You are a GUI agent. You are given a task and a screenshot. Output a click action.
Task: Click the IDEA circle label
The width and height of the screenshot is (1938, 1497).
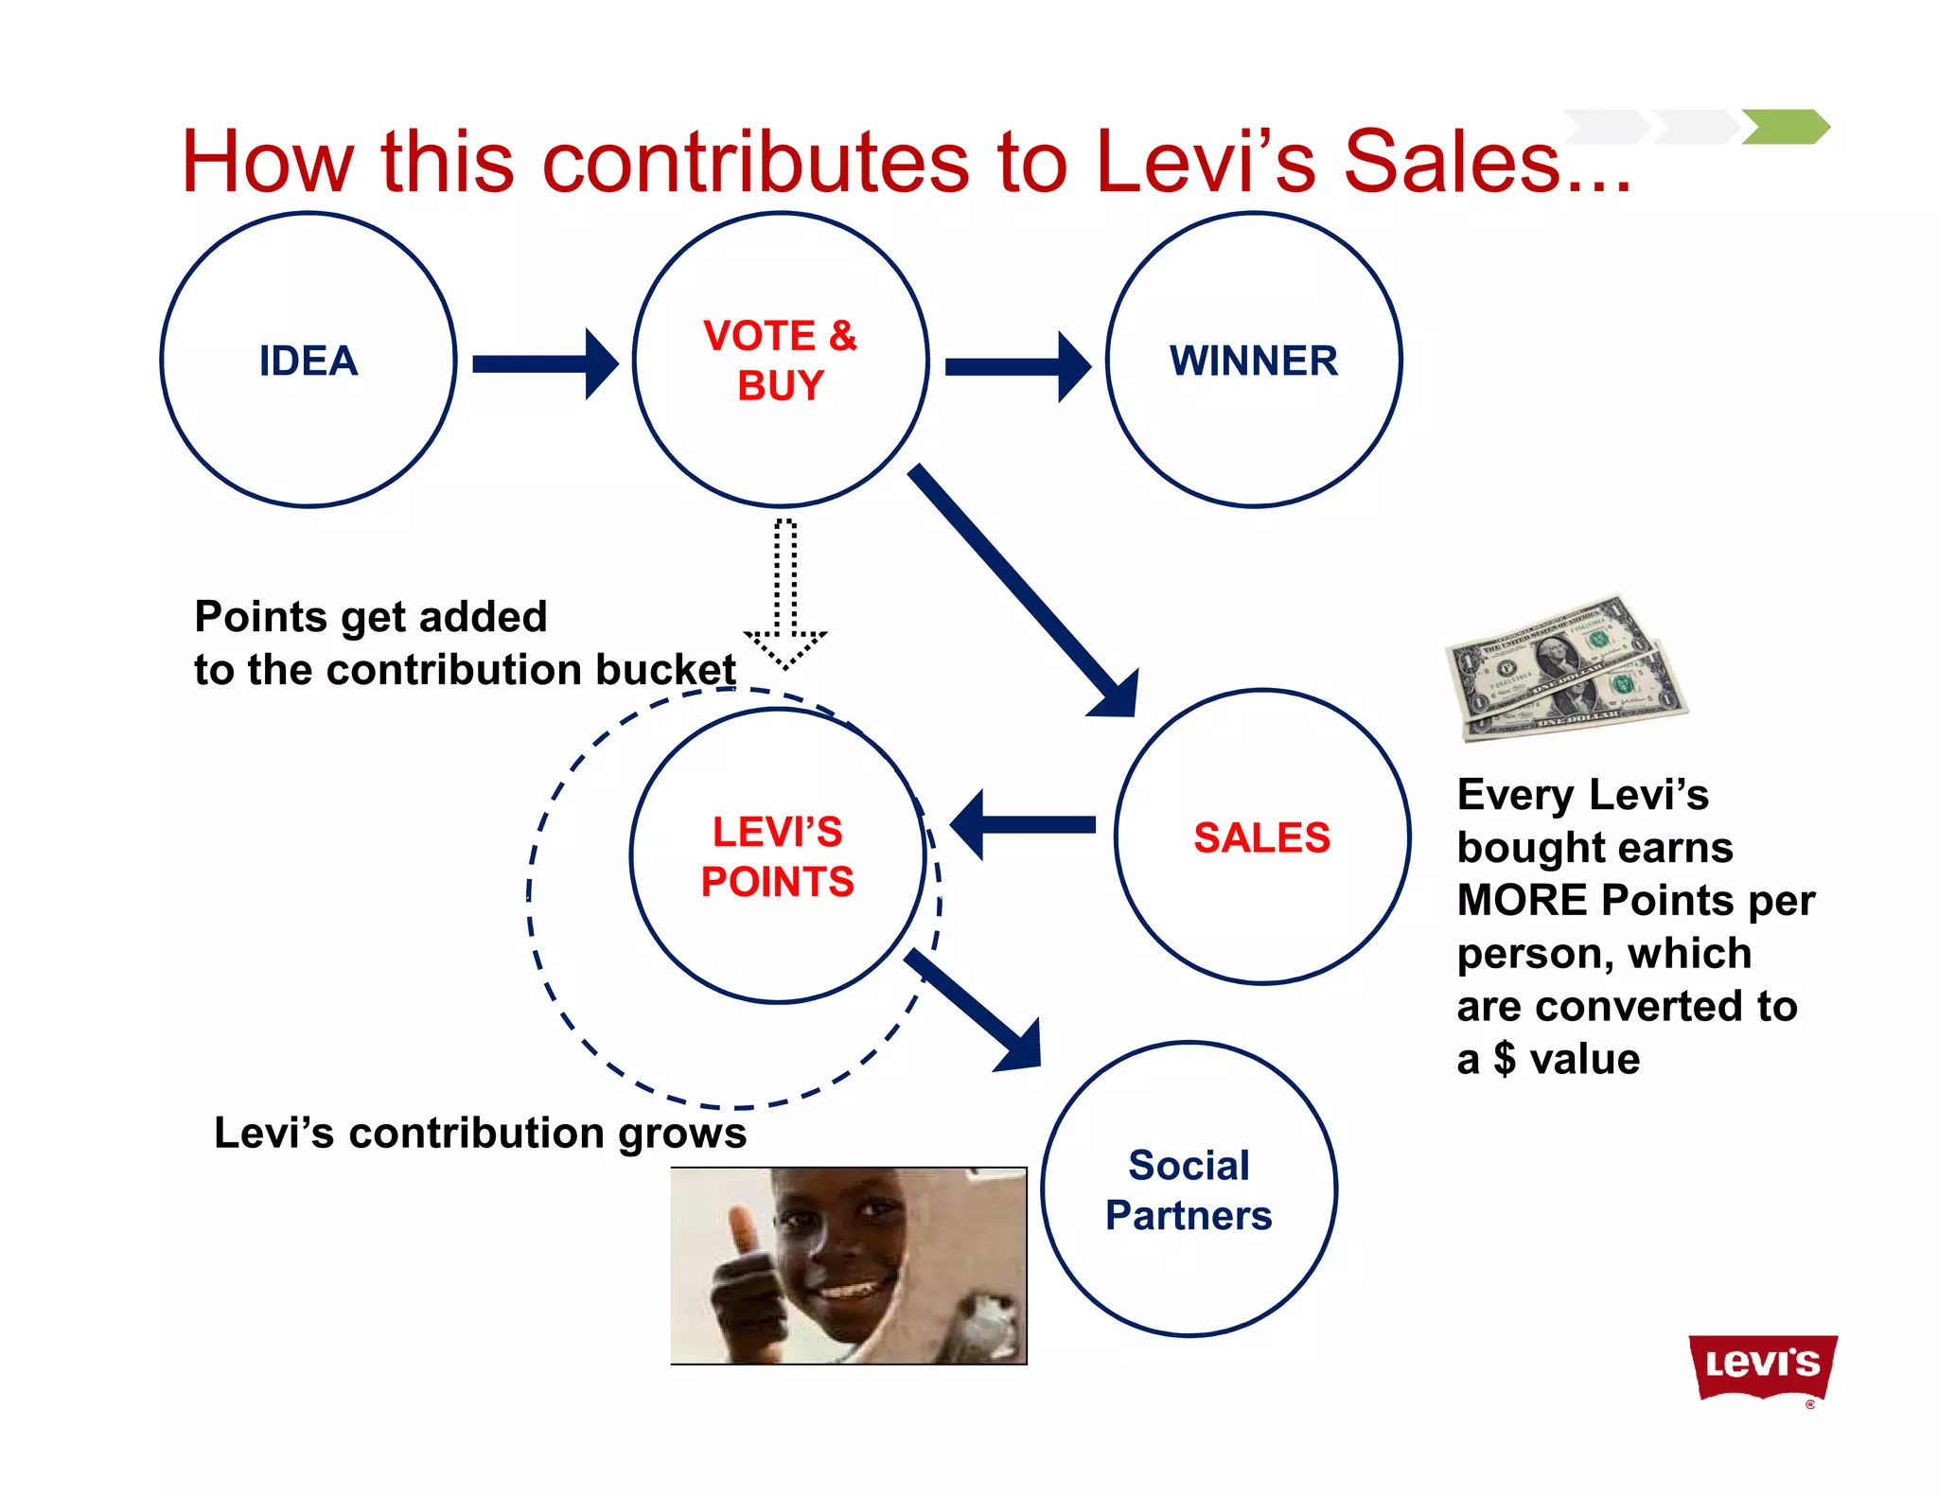tap(308, 361)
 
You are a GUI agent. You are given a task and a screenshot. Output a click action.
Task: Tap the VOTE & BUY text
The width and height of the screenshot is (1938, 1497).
tap(780, 361)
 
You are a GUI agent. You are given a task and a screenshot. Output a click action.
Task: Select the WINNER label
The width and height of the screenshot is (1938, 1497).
tap(1254, 361)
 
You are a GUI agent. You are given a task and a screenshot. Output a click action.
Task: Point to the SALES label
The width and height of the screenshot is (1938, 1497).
tap(1261, 837)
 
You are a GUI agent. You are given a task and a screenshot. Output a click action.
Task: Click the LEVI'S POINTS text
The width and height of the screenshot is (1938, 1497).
tap(778, 856)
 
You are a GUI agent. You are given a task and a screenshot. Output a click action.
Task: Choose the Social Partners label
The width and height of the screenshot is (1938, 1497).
tap(1189, 1190)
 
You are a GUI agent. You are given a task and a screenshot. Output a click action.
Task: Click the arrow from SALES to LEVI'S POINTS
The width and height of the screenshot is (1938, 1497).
tap(1022, 825)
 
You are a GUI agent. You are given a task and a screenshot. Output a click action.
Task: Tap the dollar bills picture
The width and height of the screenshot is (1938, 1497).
tap(1566, 667)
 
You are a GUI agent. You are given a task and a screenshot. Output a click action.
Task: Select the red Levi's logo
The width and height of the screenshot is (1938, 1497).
tap(1762, 1365)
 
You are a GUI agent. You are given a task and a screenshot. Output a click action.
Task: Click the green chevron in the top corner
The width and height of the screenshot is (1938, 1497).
tap(1786, 127)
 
